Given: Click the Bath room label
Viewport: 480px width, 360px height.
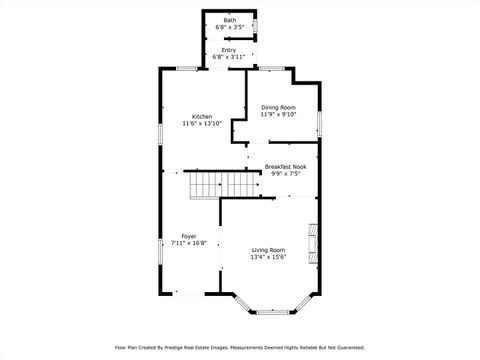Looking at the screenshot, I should click(x=230, y=21).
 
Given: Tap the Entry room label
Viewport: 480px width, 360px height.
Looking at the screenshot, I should click(x=229, y=50).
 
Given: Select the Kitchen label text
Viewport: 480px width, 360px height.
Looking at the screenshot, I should click(x=202, y=116).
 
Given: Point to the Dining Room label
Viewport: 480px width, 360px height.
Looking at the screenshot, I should click(x=279, y=107).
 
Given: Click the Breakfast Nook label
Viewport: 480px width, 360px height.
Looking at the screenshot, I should click(x=285, y=167).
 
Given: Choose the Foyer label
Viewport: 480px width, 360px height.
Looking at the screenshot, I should click(x=189, y=236).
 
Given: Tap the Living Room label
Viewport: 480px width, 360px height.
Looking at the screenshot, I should click(x=268, y=250).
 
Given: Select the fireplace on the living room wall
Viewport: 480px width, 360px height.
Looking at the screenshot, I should click(x=313, y=241).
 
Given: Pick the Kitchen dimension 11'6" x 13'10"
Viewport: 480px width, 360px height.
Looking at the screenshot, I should click(x=202, y=124).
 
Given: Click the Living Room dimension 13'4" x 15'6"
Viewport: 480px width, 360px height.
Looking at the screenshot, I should click(x=268, y=258).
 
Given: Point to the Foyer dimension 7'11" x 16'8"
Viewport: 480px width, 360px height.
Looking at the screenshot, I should click(x=189, y=243).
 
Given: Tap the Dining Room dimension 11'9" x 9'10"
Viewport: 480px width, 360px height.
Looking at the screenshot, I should click(x=279, y=115).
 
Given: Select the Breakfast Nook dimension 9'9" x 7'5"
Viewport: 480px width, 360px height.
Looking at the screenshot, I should click(x=285, y=174).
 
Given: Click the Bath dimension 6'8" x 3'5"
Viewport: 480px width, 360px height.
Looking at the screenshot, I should click(x=230, y=28).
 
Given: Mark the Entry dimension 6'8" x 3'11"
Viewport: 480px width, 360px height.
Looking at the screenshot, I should click(x=229, y=57).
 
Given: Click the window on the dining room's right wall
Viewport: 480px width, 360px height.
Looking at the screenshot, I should click(x=319, y=124).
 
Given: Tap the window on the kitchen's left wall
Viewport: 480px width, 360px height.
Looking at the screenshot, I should click(x=159, y=136).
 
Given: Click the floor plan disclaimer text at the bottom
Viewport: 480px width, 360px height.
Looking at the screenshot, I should click(x=240, y=347).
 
